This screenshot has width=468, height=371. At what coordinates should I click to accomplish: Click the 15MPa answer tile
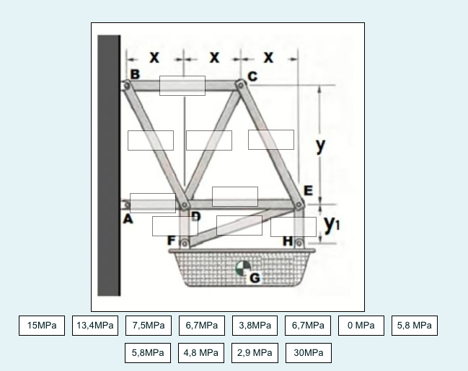click(42, 326)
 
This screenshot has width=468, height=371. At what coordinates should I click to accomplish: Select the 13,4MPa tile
click(95, 326)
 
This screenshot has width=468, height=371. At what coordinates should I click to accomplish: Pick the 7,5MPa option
click(149, 326)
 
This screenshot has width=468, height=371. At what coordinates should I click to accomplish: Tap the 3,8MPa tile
click(255, 326)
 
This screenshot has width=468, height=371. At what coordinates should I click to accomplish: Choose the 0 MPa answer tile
click(361, 326)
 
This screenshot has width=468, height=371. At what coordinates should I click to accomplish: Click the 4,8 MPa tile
click(202, 353)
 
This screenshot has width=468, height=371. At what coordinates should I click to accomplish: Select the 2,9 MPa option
click(255, 353)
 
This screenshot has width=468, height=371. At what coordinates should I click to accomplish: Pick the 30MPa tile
click(308, 353)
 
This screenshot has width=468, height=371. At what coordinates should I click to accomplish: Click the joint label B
click(135, 73)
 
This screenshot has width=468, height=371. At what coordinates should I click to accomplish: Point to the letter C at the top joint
click(252, 76)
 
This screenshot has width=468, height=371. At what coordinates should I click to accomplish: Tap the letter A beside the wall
click(128, 220)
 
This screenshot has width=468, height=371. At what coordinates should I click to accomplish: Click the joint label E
click(308, 191)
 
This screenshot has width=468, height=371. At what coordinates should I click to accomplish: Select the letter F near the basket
click(172, 241)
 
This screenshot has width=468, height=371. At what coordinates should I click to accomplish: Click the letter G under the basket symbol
click(255, 277)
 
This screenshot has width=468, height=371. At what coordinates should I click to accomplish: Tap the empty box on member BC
click(182, 86)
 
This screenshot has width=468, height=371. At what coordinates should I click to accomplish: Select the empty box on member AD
click(153, 203)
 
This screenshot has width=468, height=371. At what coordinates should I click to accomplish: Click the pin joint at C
click(241, 85)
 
